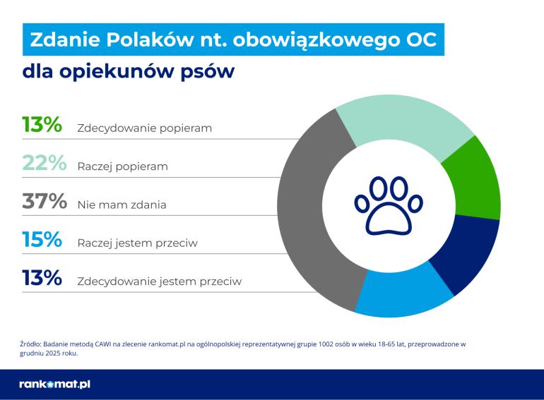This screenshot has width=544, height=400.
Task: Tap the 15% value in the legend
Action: (x=42, y=240)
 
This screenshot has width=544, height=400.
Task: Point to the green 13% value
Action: (x=42, y=125)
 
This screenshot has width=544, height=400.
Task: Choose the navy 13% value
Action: (x=42, y=278)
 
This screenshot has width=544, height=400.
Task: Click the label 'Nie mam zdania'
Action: (x=122, y=205)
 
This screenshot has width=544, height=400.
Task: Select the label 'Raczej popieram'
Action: (x=122, y=167)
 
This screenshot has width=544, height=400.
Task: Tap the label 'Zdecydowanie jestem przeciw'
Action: (x=159, y=281)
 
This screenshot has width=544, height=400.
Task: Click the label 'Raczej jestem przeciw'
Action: (x=137, y=243)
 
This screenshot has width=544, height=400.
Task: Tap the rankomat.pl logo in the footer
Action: (x=55, y=384)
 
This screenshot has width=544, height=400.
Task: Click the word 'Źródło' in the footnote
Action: (x=30, y=344)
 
